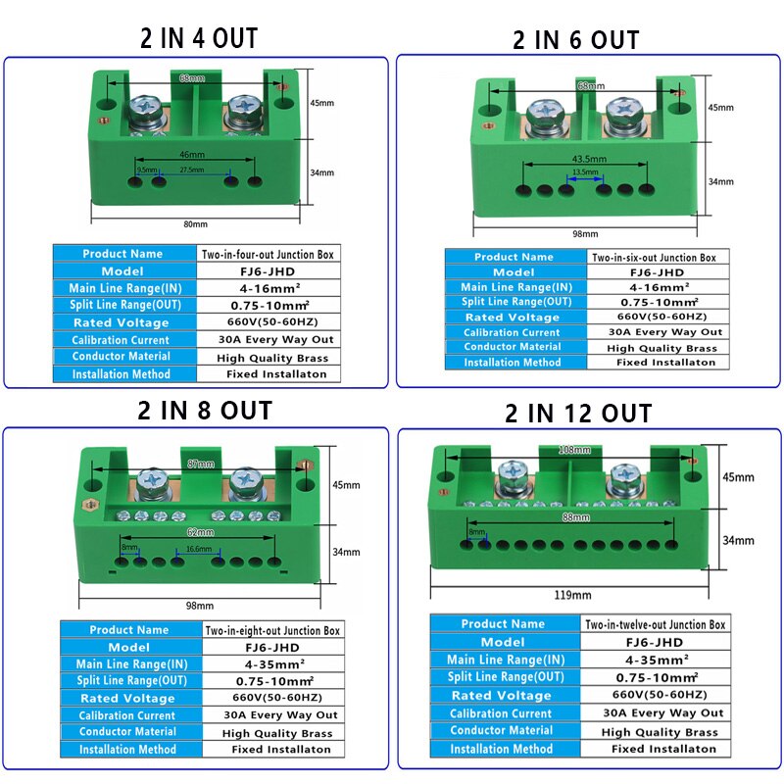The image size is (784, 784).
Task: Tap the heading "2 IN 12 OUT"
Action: (x=578, y=414)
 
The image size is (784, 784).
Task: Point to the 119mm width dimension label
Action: (x=573, y=595)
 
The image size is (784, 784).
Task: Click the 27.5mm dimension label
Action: (x=191, y=170)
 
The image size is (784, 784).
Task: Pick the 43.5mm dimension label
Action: (x=585, y=159)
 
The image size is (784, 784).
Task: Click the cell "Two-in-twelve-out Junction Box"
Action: (x=656, y=624)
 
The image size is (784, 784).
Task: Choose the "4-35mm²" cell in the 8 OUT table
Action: (x=272, y=663)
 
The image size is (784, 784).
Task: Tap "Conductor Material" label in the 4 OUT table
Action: (x=121, y=357)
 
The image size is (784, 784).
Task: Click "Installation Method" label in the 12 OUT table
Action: (x=501, y=749)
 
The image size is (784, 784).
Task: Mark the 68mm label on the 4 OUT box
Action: (x=192, y=77)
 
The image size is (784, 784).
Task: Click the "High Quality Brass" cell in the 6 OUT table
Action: (x=661, y=348)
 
